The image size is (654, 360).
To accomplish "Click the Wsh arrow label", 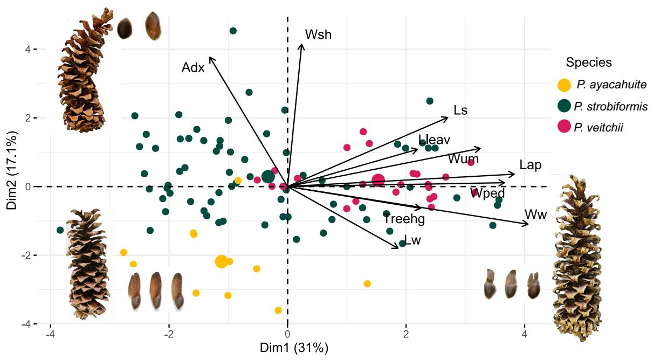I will (x=318, y=35).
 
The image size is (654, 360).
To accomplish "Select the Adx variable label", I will (x=192, y=68).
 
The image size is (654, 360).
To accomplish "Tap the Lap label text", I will (x=531, y=165).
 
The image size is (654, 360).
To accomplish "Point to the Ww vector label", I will (x=536, y=214).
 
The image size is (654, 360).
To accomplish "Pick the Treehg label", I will (x=404, y=219).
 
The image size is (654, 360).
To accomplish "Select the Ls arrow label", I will (x=460, y=110).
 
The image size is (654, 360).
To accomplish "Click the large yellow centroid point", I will (x=221, y=261).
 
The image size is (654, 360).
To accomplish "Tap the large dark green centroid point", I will (x=268, y=176).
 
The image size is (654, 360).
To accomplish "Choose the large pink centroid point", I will (x=378, y=181).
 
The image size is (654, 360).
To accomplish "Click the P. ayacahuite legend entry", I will (x=611, y=85).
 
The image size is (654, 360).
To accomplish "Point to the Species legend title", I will (x=589, y=63).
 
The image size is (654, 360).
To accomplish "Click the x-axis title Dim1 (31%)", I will (x=294, y=348).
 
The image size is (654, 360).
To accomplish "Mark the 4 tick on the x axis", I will (x=524, y=335).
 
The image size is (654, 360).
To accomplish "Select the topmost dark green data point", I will (x=233, y=31).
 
